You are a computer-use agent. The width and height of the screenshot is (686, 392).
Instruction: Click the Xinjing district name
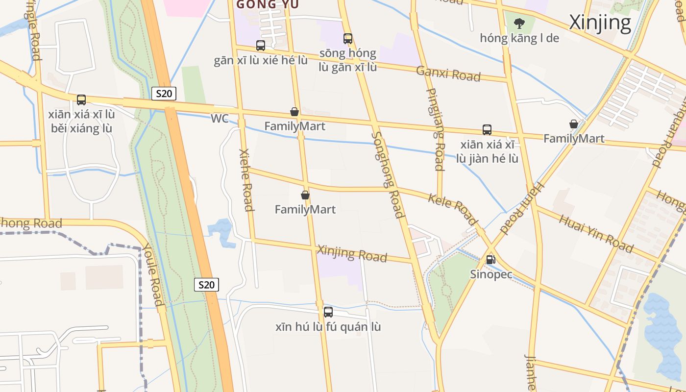coord(600,23)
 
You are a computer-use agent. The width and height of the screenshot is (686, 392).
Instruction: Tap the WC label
coord(220,119)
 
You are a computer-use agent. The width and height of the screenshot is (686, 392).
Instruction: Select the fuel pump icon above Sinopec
coord(490,260)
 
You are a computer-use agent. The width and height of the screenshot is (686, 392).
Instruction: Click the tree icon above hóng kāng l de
coord(519,23)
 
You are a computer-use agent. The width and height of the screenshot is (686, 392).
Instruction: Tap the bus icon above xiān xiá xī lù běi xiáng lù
coord(81,100)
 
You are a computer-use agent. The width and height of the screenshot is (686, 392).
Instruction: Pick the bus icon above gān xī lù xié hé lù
coord(261,46)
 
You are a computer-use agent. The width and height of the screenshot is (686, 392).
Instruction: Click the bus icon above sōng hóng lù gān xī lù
coord(348,38)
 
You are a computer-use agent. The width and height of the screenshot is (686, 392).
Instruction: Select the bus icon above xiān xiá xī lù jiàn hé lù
coord(487,130)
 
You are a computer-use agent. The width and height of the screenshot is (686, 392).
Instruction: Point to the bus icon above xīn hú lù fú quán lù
coord(328,312)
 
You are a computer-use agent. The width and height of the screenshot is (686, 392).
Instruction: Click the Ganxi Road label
coord(448,73)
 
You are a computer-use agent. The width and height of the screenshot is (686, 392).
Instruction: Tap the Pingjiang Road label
coord(435,129)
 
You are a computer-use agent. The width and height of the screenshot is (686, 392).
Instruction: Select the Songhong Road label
coord(388,174)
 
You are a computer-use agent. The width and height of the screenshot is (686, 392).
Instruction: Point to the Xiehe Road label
coord(246,180)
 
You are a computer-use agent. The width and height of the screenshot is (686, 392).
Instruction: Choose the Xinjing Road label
coord(352,253)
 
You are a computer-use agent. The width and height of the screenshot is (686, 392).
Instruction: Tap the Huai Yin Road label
coord(595,233)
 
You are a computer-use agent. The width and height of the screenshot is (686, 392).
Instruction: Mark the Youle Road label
coord(153,275)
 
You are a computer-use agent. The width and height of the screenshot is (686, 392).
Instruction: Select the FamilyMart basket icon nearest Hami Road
coord(573,124)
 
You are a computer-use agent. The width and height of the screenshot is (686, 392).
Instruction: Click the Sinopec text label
coord(491,274)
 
